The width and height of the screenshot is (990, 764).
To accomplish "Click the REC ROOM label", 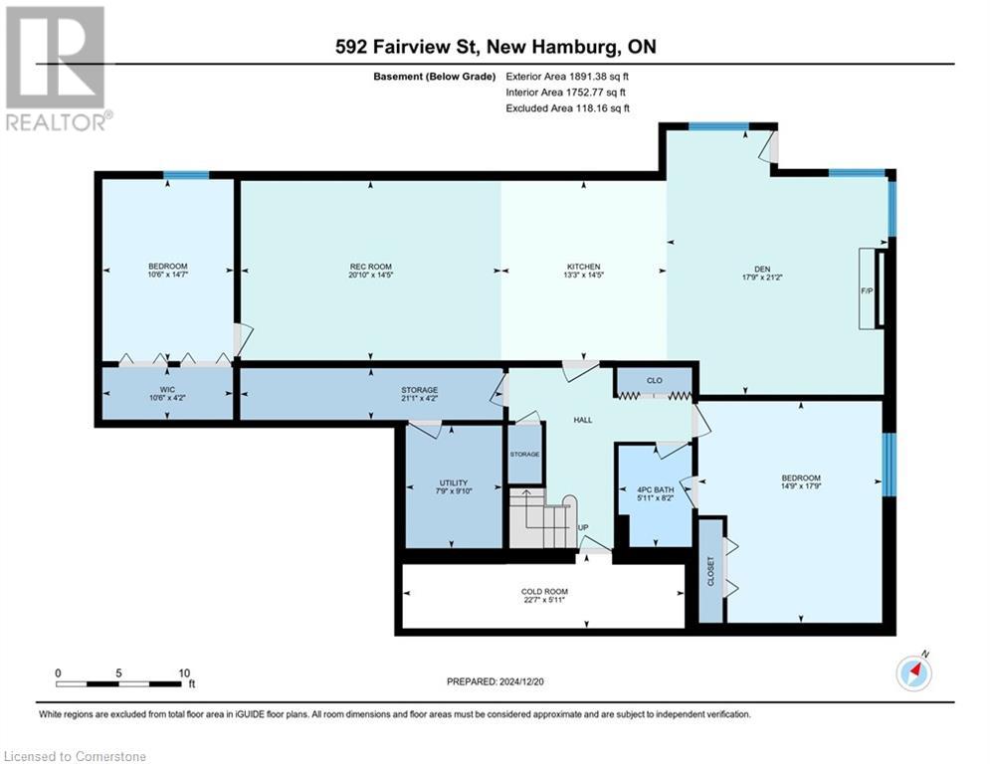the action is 370,267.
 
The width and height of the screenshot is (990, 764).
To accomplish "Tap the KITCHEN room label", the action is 583,267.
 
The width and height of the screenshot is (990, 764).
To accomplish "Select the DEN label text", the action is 762,269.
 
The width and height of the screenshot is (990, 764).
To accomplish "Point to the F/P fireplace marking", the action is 867,291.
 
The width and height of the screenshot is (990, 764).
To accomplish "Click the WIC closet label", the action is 167,390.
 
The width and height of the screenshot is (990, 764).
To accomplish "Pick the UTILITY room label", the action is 454,483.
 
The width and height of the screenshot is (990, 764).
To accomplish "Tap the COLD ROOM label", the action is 544,592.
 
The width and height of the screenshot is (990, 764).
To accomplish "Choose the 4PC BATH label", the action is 656,490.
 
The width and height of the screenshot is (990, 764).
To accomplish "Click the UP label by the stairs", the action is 583,528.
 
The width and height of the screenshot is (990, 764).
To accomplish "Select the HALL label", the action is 583,420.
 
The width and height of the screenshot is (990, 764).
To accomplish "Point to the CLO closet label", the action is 654,380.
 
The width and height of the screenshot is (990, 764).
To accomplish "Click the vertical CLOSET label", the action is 711,571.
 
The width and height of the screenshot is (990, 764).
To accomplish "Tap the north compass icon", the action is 913,672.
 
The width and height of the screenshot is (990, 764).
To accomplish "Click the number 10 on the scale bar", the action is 184,673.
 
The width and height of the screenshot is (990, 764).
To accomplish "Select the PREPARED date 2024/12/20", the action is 521,681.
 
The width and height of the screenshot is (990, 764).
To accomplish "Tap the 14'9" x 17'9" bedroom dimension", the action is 801,486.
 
